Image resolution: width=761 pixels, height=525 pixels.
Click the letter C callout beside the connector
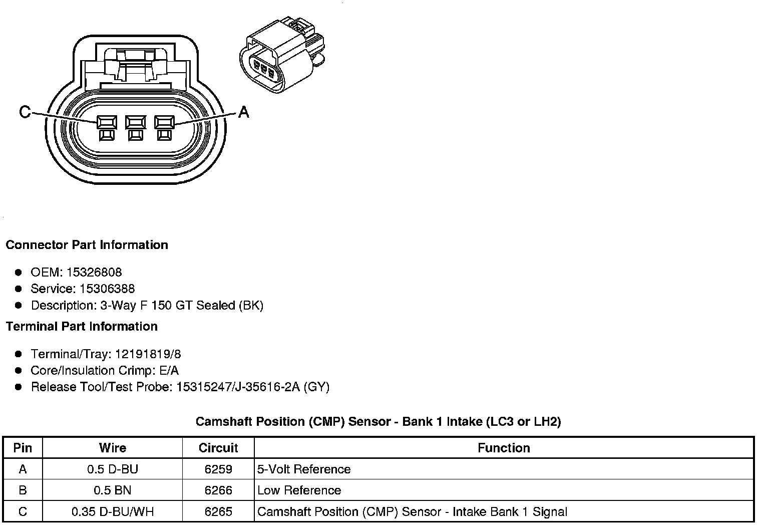pyautogui.click(x=25, y=112)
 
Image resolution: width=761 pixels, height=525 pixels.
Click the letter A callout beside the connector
pyautogui.click(x=243, y=112)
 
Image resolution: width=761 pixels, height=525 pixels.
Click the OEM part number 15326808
pyautogui.click(x=94, y=273)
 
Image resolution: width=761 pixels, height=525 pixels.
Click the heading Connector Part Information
pyautogui.click(x=87, y=245)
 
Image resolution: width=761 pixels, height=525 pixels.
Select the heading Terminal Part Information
pyautogui.click(x=82, y=327)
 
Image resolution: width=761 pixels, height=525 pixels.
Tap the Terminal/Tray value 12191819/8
pyautogui.click(x=148, y=355)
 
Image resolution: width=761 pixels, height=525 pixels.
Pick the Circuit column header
pyautogui.click(x=218, y=448)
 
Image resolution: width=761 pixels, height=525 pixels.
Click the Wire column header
pyautogui.click(x=113, y=448)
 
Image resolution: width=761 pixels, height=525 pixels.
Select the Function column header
pyautogui.click(x=504, y=448)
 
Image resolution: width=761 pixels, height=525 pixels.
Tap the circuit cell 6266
pyautogui.click(x=218, y=490)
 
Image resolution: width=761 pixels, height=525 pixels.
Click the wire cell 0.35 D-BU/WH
pyautogui.click(x=113, y=512)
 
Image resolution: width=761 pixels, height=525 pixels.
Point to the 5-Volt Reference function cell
pyautogui.click(x=304, y=469)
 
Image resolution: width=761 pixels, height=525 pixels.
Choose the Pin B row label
pyautogui.click(x=23, y=490)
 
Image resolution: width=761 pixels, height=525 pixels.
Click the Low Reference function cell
pyautogui.click(x=299, y=490)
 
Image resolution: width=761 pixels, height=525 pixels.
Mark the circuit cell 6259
pyautogui.click(x=218, y=469)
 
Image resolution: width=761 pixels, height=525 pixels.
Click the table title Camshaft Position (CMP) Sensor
pyautogui.click(x=378, y=422)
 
